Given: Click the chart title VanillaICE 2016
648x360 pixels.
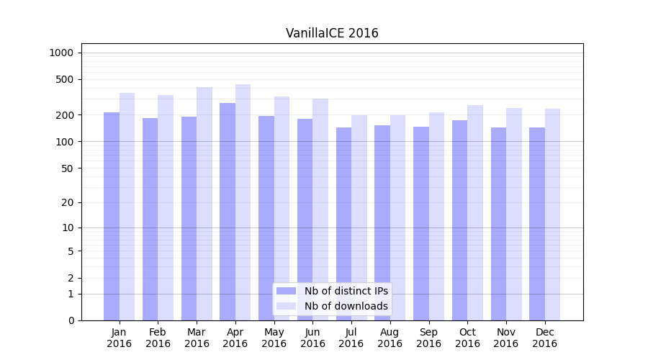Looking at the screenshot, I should coord(332,33).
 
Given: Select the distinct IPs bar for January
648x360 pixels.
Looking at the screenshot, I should coord(112,216).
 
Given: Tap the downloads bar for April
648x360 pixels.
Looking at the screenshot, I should coord(243,202).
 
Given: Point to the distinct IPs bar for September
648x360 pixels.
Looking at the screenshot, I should coord(421,223).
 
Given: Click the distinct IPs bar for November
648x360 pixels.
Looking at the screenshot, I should coord(498,224).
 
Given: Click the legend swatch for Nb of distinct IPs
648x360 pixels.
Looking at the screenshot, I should coord(286,291).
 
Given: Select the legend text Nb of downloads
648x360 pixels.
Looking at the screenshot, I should coord(346,306).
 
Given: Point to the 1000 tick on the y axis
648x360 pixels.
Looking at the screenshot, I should coord(61,53).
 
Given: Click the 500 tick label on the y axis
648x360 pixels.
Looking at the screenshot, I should coord(65,79).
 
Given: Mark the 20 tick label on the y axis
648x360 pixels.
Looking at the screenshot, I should coord(68,202).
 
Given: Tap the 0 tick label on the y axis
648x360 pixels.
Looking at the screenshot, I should coord(71,320).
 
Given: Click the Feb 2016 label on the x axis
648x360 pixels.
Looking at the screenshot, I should coord(158,338).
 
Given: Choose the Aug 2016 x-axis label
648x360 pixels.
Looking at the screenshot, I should coord(390,338).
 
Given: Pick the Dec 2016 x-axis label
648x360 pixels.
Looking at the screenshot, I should coord(544,338).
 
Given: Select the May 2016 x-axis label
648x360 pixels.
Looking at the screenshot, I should coord(274,338).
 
